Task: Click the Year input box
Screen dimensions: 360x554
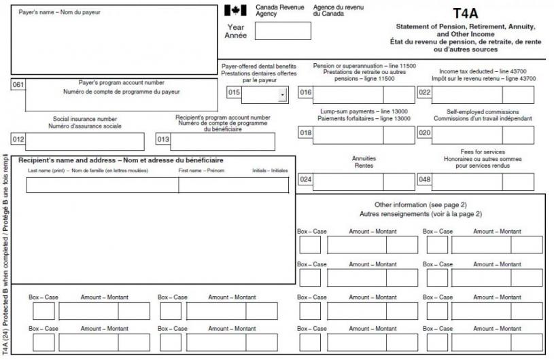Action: click(x=277, y=31)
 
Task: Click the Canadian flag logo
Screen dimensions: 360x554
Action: click(x=235, y=10)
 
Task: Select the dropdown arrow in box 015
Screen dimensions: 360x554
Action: click(x=282, y=95)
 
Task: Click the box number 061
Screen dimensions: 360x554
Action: click(x=18, y=84)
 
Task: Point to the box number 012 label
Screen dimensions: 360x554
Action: click(x=18, y=140)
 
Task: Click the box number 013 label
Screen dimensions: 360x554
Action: click(x=163, y=140)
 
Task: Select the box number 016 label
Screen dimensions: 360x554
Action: click(x=306, y=94)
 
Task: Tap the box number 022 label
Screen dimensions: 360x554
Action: click(x=425, y=94)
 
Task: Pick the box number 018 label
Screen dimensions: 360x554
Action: click(x=306, y=134)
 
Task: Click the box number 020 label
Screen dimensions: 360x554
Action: click(x=425, y=134)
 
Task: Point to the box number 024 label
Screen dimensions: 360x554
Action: click(x=306, y=181)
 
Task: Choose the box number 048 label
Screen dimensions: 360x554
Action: click(x=425, y=181)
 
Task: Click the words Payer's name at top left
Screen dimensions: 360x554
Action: click(x=39, y=12)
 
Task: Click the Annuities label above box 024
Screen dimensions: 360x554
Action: click(x=364, y=158)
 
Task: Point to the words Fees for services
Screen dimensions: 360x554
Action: click(x=482, y=152)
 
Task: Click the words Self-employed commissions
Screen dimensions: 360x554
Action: click(x=483, y=111)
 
